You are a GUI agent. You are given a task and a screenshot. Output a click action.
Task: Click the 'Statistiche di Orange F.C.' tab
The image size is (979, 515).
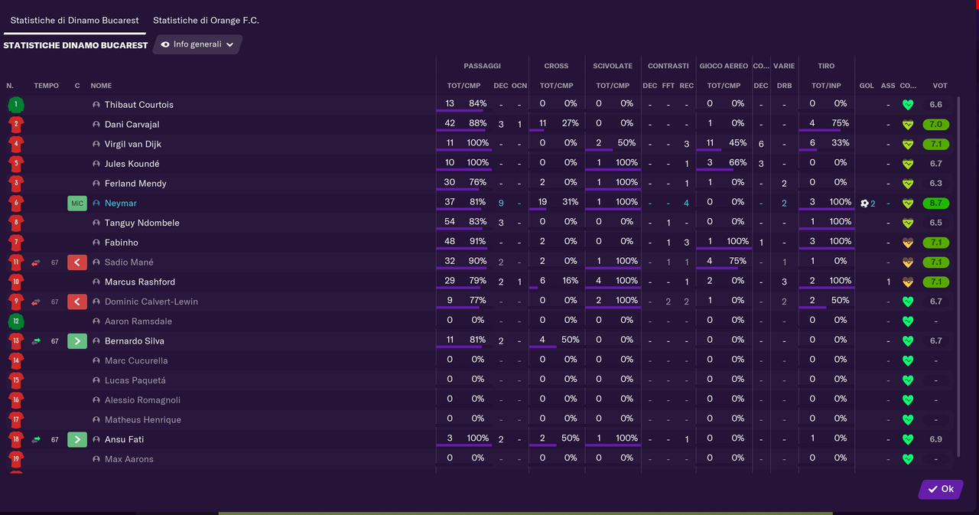pyautogui.click(x=206, y=20)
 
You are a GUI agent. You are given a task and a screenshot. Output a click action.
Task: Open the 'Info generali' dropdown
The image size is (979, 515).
pyautogui.click(x=197, y=44)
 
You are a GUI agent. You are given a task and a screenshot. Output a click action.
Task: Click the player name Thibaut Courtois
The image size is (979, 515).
pyautogui.click(x=139, y=105)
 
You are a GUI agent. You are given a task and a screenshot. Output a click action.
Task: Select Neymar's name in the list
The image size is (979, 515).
pyautogui.click(x=121, y=204)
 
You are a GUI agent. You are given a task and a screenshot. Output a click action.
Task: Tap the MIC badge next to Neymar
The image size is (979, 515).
pyautogui.click(x=77, y=204)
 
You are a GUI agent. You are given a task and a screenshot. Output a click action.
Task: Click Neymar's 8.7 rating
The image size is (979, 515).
pyautogui.click(x=935, y=204)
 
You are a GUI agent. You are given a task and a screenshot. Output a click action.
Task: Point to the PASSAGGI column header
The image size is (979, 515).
pyautogui.click(x=482, y=67)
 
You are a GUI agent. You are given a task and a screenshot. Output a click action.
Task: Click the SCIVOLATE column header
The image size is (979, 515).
pyautogui.click(x=613, y=67)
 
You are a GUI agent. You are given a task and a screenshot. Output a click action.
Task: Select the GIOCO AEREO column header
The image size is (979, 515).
pyautogui.click(x=724, y=67)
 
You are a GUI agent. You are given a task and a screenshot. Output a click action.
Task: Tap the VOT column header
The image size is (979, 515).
pyautogui.click(x=940, y=86)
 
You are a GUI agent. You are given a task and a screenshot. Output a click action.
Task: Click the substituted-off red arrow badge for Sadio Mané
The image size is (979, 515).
pyautogui.click(x=77, y=262)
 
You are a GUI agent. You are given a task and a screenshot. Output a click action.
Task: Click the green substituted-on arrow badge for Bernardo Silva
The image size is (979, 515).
pyautogui.click(x=77, y=341)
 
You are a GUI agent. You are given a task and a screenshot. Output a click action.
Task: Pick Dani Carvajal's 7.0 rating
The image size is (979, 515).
pyautogui.click(x=935, y=125)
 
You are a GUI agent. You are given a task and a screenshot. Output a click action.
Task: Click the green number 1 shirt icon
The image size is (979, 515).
pyautogui.click(x=15, y=105)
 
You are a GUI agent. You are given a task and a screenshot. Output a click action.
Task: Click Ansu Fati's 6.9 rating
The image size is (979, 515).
pyautogui.click(x=935, y=440)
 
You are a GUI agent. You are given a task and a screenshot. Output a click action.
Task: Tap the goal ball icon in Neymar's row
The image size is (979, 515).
pyautogui.click(x=864, y=204)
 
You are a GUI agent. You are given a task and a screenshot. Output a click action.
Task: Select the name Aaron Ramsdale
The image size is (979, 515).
pyautogui.click(x=138, y=321)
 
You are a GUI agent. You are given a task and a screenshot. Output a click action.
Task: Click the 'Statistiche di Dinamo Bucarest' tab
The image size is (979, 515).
pyautogui.click(x=74, y=20)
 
